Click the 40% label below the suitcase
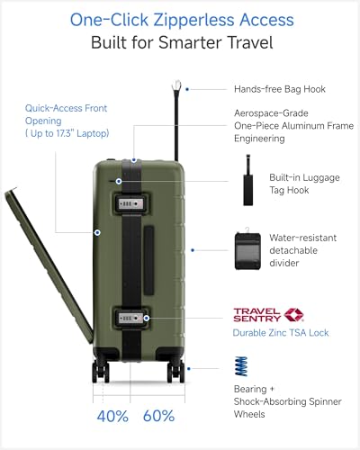click(112, 416)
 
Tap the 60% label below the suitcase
click(158, 416)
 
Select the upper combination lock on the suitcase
click(130, 204)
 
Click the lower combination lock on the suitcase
click(130, 318)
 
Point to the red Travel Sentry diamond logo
click(293, 315)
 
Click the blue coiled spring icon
click(241, 366)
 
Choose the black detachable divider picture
click(247, 249)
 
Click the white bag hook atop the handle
click(176, 85)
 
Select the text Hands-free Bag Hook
click(280, 89)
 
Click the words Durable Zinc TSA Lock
click(281, 333)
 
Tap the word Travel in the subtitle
click(250, 42)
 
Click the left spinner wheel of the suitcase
click(101, 371)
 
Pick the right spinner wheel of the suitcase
click(175, 371)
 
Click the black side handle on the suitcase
click(148, 260)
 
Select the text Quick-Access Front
click(66, 108)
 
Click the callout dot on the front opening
click(97, 232)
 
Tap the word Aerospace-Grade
click(271, 113)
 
